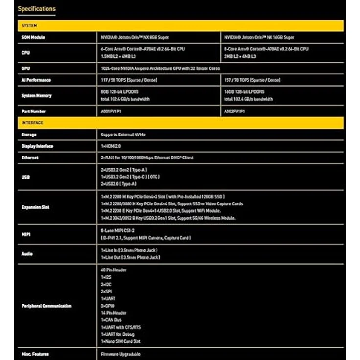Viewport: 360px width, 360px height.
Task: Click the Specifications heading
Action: tap(37, 9)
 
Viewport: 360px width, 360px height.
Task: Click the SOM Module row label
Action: tap(33, 37)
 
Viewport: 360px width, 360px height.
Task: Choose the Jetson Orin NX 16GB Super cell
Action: tap(259, 37)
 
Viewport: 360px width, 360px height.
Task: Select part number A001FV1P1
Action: tap(112, 112)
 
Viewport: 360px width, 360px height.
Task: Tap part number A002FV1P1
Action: tap(235, 112)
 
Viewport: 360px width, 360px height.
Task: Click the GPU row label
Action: tap(26, 68)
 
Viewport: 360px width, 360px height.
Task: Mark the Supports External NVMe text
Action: tap(123, 135)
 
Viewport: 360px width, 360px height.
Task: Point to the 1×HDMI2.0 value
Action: tap(111, 146)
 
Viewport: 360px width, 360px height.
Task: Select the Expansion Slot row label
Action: tap(35, 207)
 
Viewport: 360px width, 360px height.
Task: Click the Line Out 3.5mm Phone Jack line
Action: tap(131, 257)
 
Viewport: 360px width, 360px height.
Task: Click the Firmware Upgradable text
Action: tap(121, 354)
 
